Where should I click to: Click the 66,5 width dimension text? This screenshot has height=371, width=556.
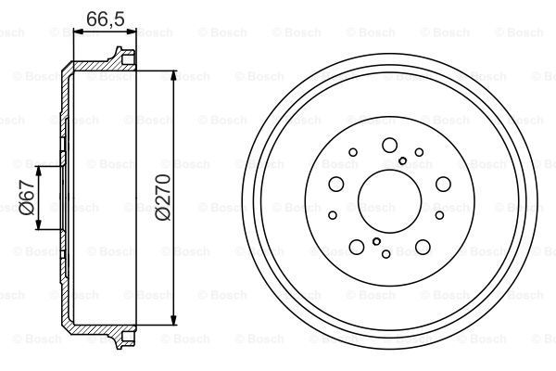(103, 18)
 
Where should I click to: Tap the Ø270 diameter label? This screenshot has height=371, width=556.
(163, 198)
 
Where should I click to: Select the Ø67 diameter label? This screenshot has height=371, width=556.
(27, 198)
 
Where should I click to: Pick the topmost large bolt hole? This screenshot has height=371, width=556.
(389, 144)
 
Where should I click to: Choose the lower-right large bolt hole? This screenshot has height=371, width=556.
(423, 247)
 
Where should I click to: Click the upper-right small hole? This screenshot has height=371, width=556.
(420, 152)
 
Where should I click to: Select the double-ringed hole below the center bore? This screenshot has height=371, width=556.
(376, 241)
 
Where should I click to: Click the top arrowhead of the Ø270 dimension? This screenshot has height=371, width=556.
(174, 73)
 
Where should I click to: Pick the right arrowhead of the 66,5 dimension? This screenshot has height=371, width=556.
(131, 32)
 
